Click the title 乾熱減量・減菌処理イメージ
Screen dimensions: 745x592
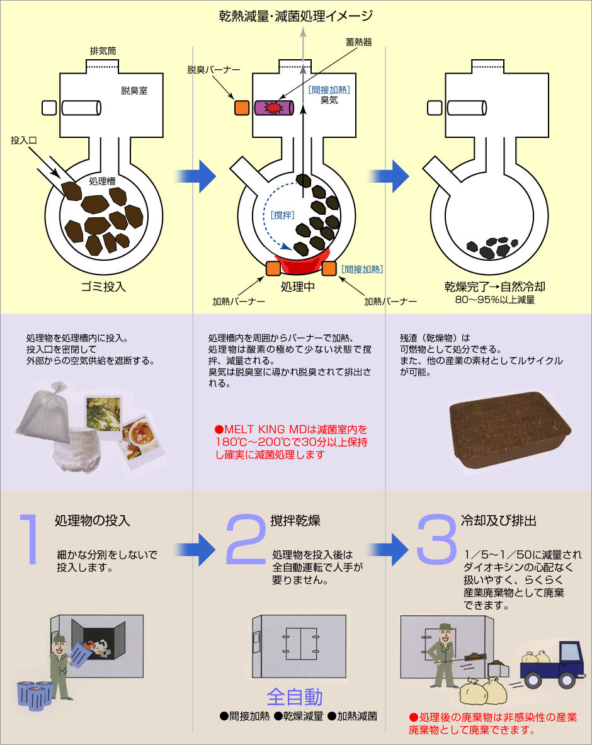pyautogui.click(x=295, y=15)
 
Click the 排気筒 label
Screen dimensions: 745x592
pyautogui.click(x=103, y=50)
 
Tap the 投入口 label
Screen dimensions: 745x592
pyautogui.click(x=24, y=141)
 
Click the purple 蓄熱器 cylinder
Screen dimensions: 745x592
pyautogui.click(x=274, y=108)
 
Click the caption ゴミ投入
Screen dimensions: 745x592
pyautogui.click(x=105, y=287)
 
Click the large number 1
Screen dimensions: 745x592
pyautogui.click(x=28, y=538)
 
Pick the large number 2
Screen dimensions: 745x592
pyautogui.click(x=247, y=539)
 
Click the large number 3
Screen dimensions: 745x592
pyautogui.click(x=436, y=539)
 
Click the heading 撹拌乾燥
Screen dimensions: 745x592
pyautogui.click(x=295, y=521)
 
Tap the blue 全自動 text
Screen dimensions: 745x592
pyautogui.click(x=295, y=697)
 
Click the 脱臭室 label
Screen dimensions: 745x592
pyautogui.click(x=134, y=91)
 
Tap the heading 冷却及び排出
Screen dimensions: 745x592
pyautogui.click(x=498, y=521)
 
